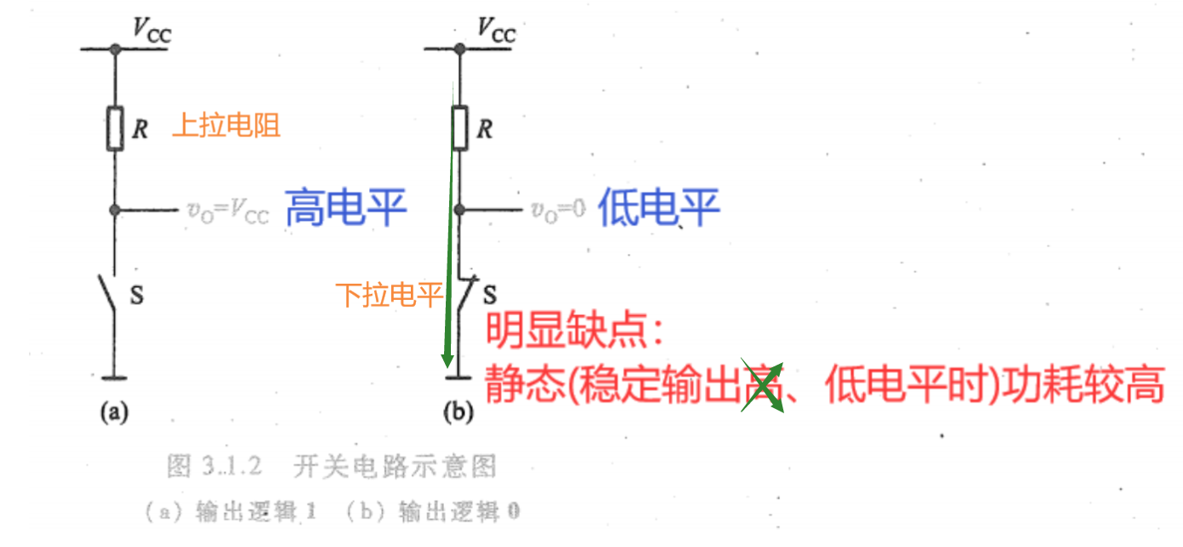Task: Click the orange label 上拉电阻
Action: (x=226, y=126)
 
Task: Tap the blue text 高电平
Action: (x=345, y=207)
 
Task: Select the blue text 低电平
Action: (x=659, y=207)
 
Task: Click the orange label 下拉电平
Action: (x=390, y=296)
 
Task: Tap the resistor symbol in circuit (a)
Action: (x=115, y=129)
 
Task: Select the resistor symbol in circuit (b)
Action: (x=459, y=129)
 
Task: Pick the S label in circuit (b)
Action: (x=489, y=295)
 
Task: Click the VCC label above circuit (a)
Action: (x=152, y=31)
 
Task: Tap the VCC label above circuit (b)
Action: (x=496, y=31)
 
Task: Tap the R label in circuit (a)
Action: (x=141, y=130)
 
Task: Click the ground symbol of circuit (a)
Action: (x=115, y=377)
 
